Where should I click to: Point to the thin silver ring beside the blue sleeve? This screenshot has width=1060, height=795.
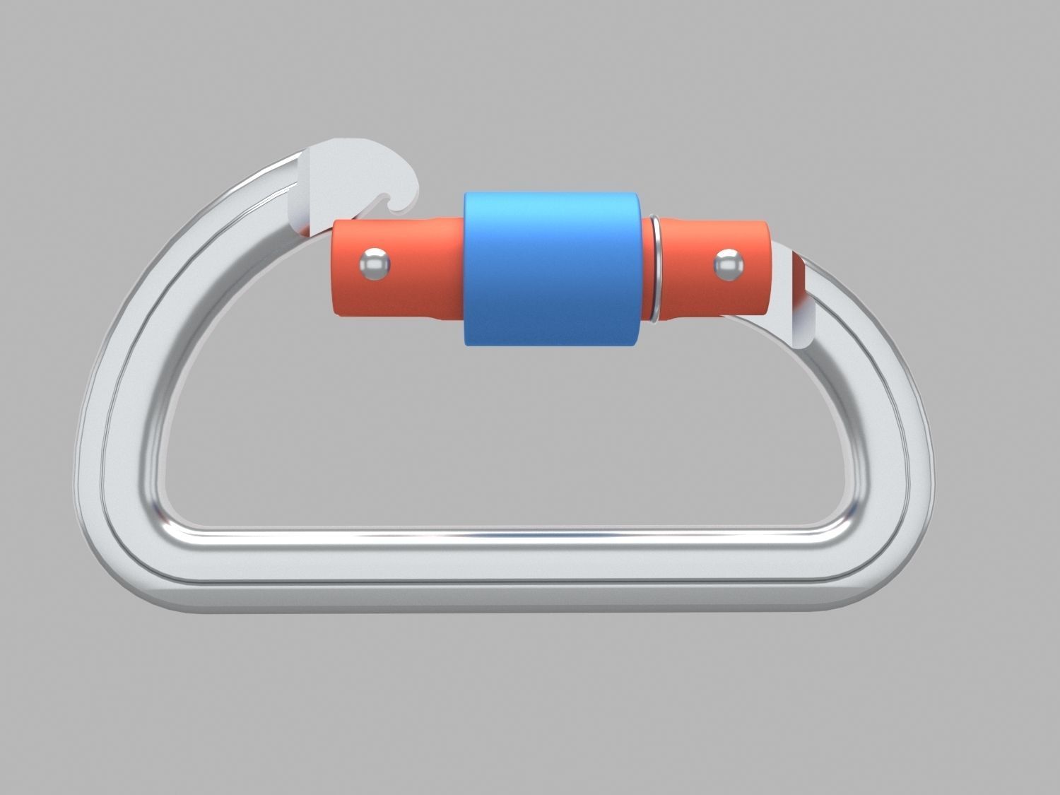point(654,269)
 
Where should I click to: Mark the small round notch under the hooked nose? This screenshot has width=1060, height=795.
point(388,200)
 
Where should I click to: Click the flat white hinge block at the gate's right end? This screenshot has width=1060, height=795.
point(791,297)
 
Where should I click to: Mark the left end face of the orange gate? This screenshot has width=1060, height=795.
point(335,269)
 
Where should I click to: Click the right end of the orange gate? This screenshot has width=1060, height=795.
point(765,269)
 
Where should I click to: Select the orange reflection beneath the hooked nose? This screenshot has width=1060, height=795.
point(304,225)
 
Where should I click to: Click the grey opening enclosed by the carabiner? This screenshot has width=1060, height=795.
point(495,438)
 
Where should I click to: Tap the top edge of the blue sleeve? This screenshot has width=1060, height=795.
point(553,194)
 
